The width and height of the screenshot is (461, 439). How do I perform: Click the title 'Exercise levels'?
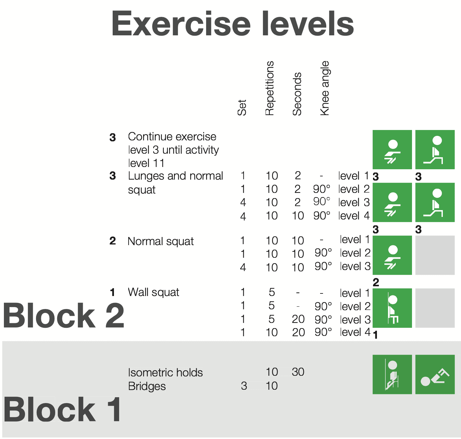tap(232, 23)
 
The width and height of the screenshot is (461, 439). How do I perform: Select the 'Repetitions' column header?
tap(270, 88)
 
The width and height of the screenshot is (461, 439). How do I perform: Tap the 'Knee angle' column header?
tap(325, 88)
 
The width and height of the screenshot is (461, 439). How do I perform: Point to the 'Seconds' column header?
tap(297, 94)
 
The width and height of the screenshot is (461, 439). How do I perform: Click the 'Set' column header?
tap(242, 108)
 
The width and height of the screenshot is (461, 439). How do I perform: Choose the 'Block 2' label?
tap(63, 315)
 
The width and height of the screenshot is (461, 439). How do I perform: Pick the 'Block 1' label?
tap(62, 410)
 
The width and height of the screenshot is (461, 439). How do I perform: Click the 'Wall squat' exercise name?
tap(153, 292)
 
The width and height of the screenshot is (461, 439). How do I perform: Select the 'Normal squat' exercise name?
tap(161, 241)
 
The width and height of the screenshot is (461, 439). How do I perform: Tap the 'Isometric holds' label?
tap(165, 373)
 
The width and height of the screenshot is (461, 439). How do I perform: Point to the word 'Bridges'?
tap(147, 386)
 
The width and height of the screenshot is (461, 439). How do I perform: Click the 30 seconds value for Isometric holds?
tap(298, 372)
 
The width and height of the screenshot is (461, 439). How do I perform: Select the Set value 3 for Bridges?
tap(244, 386)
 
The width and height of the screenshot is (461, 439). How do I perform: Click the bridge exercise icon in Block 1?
tap(435, 374)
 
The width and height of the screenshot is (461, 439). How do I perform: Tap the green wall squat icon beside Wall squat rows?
tap(392, 308)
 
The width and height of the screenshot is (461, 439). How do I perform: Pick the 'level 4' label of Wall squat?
tap(355, 332)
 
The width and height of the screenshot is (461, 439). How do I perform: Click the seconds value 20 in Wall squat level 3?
tap(298, 319)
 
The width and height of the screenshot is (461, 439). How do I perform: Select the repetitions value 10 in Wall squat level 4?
tap(272, 332)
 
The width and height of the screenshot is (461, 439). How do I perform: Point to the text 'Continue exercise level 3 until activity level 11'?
tap(173, 150)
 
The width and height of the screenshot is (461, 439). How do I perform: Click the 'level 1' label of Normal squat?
tap(355, 240)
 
